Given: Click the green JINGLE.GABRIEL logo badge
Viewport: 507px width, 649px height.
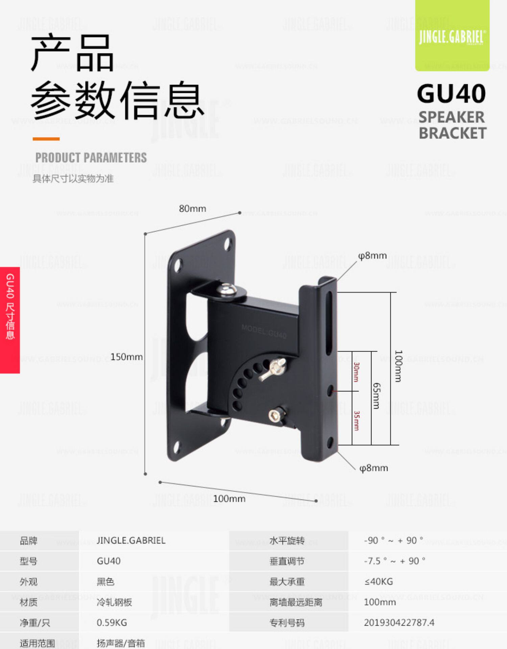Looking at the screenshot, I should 452,35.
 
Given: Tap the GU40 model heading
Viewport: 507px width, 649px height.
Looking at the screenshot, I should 451,94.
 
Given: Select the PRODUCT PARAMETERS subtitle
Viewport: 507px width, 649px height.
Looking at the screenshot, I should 91,158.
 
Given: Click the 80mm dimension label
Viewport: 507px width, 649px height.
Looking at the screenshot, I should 192,209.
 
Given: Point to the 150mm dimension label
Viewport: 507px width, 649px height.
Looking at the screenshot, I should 126,357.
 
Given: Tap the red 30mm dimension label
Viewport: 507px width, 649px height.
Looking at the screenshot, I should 356,372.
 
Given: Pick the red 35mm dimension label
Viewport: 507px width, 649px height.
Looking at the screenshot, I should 356,421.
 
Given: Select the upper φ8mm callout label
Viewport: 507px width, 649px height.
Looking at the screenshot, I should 372,256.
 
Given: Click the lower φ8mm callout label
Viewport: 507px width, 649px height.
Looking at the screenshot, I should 373,468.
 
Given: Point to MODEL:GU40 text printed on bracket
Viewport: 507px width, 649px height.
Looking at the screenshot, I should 264,331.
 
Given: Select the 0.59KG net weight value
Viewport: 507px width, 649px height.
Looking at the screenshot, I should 112,623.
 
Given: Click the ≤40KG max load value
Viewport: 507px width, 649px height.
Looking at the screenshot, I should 379,582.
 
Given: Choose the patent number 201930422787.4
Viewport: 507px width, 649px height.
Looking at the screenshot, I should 399,623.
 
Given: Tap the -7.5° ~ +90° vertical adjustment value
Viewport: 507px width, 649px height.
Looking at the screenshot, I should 394,561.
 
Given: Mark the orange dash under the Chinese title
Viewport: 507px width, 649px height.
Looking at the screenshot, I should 46,139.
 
